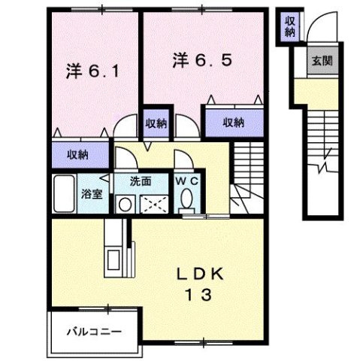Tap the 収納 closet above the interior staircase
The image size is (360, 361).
[x=233, y=123]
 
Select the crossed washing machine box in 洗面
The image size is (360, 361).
[x=156, y=203]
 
